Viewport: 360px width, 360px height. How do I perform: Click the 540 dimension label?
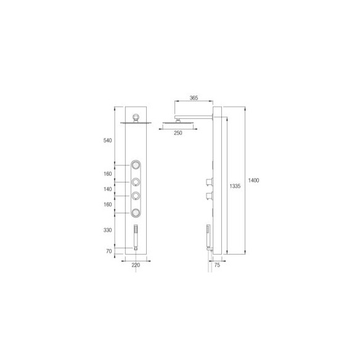pos(107,141)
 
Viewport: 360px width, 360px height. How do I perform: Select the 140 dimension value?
pos(107,189)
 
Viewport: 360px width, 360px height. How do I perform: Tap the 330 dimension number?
pos(107,230)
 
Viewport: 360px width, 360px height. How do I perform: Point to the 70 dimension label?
pos(109,251)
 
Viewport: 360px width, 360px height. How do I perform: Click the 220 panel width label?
pos(136,265)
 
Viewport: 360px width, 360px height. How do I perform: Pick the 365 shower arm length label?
pos(194,98)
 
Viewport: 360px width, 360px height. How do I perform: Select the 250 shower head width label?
pos(178,133)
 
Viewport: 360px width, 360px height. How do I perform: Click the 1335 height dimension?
pos(235,186)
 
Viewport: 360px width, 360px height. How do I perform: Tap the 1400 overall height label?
pos(253,180)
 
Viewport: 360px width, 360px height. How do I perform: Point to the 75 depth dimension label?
pos(217,265)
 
